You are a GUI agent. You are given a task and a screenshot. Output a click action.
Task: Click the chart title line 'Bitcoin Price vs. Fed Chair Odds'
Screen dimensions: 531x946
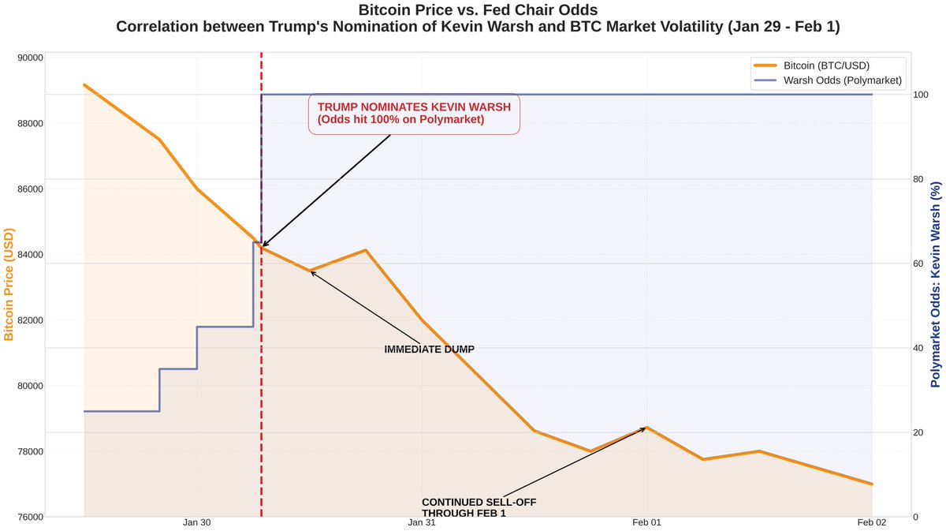point(472,10)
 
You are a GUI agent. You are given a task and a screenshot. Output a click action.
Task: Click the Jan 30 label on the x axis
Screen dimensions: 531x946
point(196,522)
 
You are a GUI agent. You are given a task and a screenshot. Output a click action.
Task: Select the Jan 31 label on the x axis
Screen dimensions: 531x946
point(422,522)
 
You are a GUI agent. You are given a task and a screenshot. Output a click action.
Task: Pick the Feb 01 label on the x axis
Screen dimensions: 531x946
point(646,522)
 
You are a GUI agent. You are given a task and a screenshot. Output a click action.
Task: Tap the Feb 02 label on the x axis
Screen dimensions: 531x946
point(872,522)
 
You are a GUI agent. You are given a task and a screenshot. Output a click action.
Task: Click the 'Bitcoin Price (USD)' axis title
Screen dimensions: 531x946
point(9,285)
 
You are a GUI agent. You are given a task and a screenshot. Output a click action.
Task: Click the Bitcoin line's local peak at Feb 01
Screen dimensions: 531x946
point(646,428)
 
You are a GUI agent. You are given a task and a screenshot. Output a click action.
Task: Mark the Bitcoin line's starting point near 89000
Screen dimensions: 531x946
point(84,84)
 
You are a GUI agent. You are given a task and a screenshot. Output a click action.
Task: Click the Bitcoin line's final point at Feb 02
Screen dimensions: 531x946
point(872,484)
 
